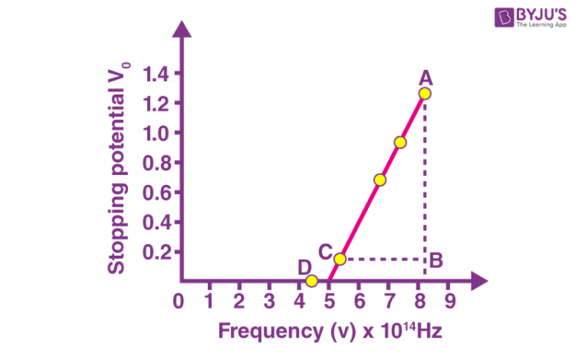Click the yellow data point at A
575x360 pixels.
coord(424,94)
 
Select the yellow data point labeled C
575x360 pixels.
coord(339,259)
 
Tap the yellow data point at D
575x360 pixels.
coord(311,281)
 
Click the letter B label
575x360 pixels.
coord(436,261)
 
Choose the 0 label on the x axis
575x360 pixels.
coord(179,301)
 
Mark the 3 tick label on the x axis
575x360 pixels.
coord(269,301)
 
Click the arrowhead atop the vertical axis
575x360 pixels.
coord(182,27)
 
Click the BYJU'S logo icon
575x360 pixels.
coord(502,17)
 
